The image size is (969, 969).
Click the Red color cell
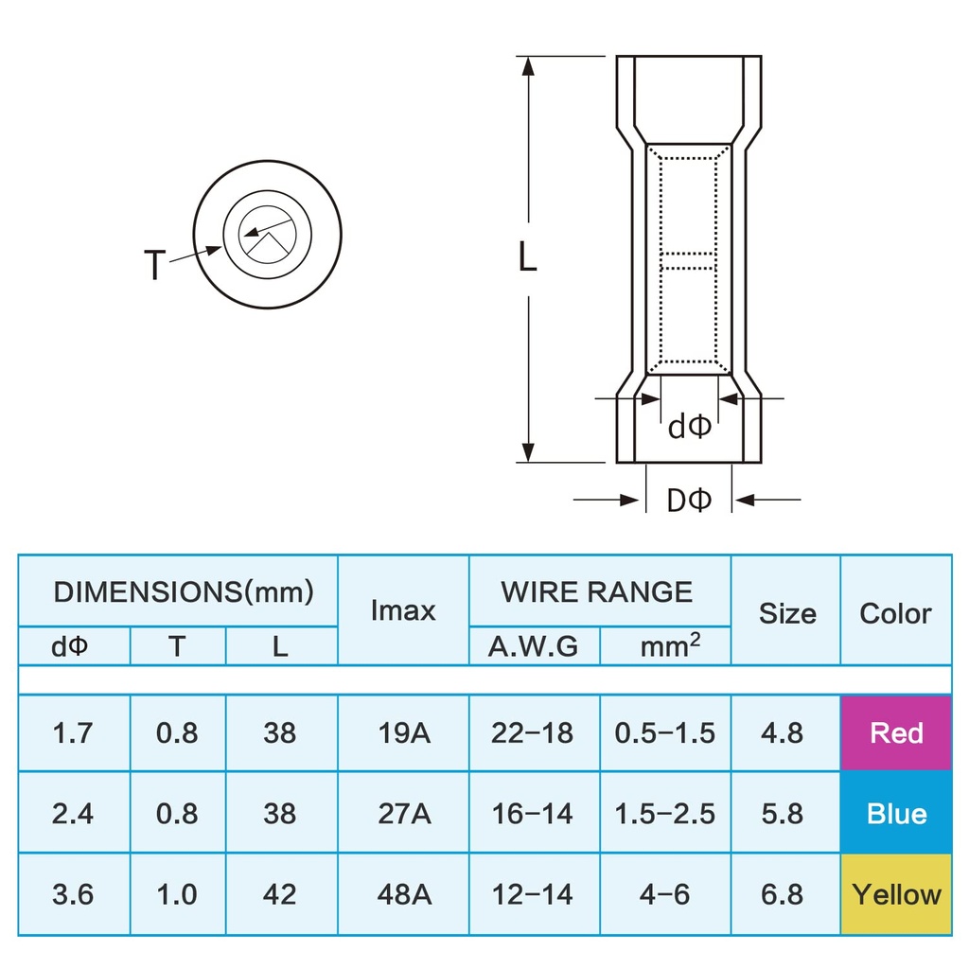click(895, 733)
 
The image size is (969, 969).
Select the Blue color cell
click(895, 814)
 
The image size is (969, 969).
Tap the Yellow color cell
click(895, 894)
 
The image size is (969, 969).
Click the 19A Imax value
click(403, 733)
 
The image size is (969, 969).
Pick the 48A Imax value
click(403, 894)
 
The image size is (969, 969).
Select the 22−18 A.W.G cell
click(532, 733)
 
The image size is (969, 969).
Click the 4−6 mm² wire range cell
click(664, 894)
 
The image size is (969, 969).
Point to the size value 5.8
click(784, 814)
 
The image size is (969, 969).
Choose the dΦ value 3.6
click(73, 894)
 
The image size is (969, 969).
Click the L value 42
click(280, 894)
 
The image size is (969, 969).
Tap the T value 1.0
click(177, 894)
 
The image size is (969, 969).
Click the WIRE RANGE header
click(597, 592)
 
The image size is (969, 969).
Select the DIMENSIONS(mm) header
click(183, 592)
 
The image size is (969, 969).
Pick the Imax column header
click(403, 610)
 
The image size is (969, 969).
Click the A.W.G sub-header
click(532, 647)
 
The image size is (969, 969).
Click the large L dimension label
click(527, 257)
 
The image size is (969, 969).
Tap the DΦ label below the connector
click(688, 501)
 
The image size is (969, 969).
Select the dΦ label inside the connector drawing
click(689, 428)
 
